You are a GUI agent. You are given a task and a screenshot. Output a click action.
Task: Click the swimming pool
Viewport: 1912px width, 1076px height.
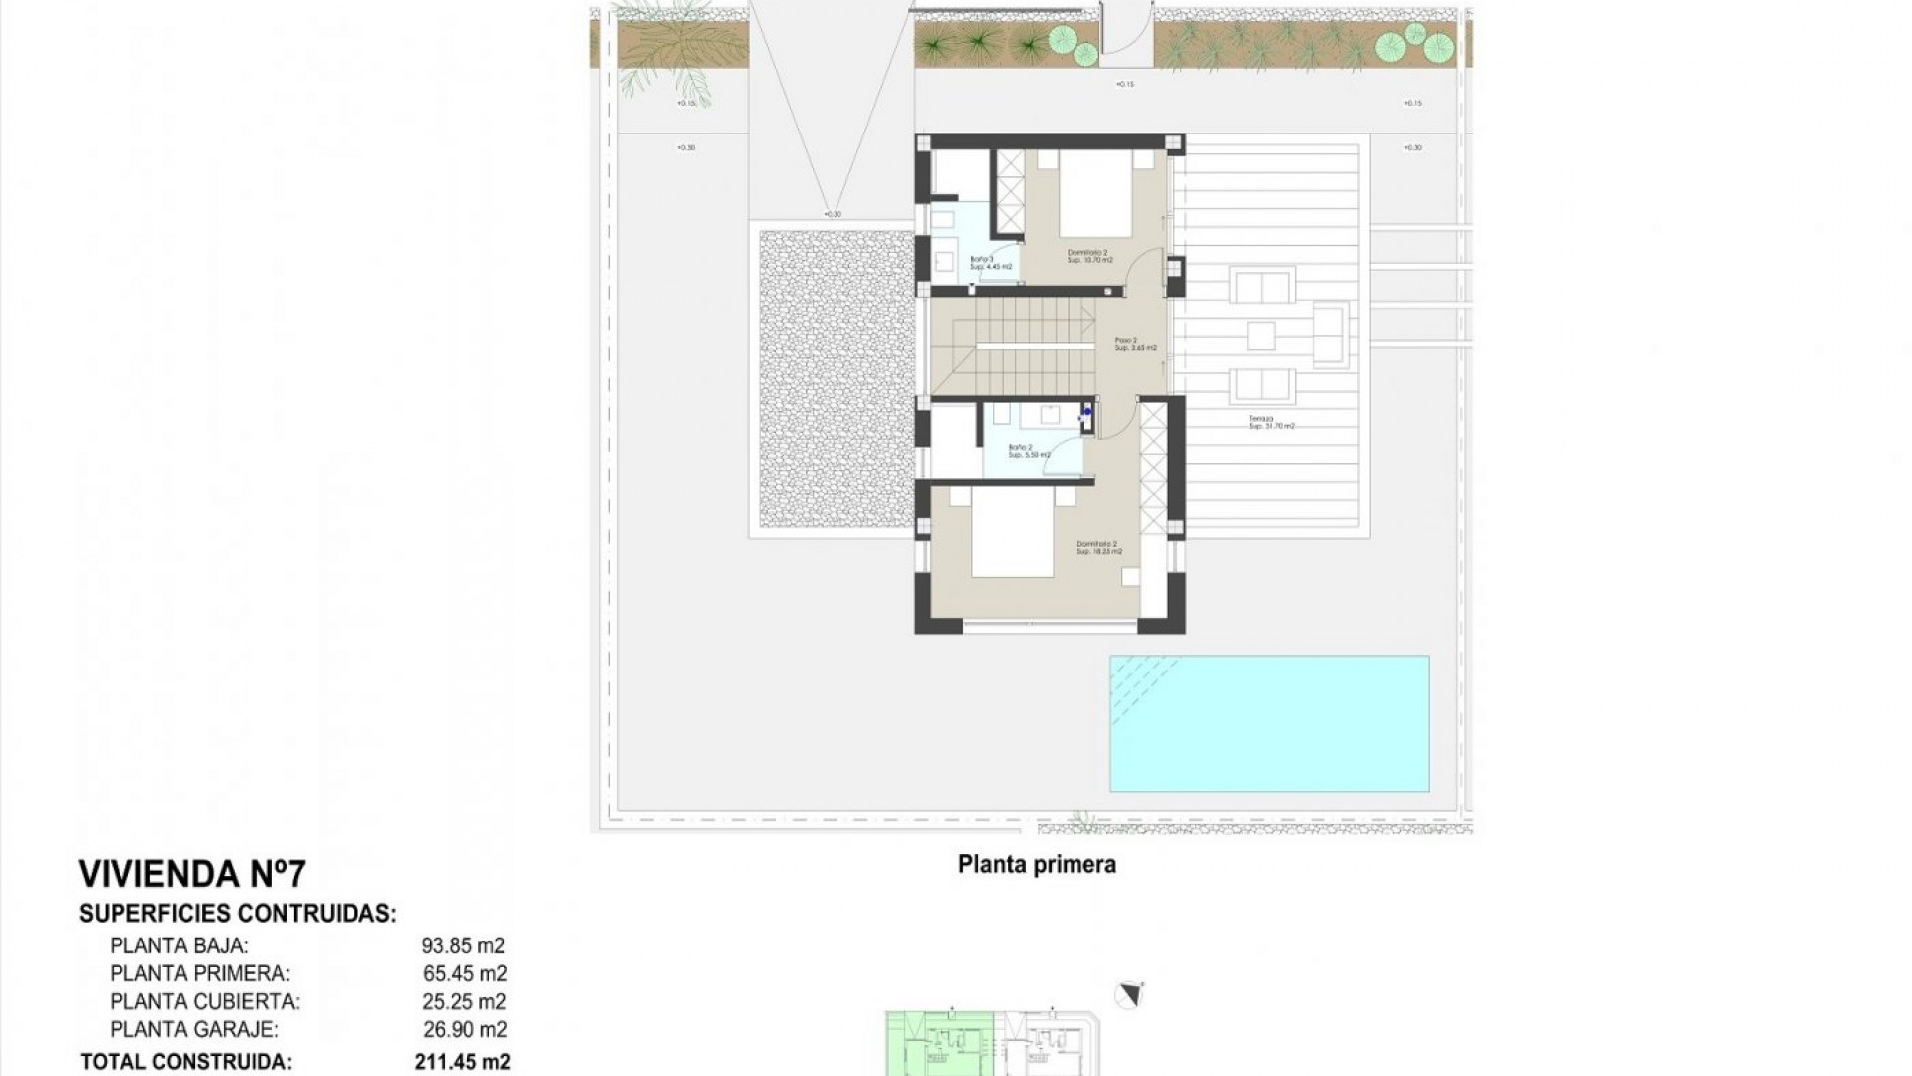coord(1269,723)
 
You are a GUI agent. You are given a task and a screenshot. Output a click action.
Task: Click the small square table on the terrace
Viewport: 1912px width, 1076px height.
coord(1261,335)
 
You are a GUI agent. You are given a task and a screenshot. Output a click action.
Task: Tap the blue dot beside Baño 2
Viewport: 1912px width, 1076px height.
coord(1087,410)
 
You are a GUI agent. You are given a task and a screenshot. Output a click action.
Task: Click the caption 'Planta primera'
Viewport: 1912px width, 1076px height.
coord(1037,865)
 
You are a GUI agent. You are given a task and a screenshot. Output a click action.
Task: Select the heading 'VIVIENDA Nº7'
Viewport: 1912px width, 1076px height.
coord(191,875)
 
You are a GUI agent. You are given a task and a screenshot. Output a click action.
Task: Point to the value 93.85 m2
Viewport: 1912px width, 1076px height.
coord(464,945)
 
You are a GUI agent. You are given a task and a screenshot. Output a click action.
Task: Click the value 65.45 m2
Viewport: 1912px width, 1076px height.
coord(464,973)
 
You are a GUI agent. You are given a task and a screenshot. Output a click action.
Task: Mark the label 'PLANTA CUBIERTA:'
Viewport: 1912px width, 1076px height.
coord(204,1001)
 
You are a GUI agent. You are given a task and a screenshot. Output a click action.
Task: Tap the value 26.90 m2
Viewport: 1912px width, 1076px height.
coord(464,1029)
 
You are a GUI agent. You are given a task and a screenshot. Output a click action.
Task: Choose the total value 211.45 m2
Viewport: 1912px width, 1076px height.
coord(462,1062)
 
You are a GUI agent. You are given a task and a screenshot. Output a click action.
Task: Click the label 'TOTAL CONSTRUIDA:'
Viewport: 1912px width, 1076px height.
coord(185,1062)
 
